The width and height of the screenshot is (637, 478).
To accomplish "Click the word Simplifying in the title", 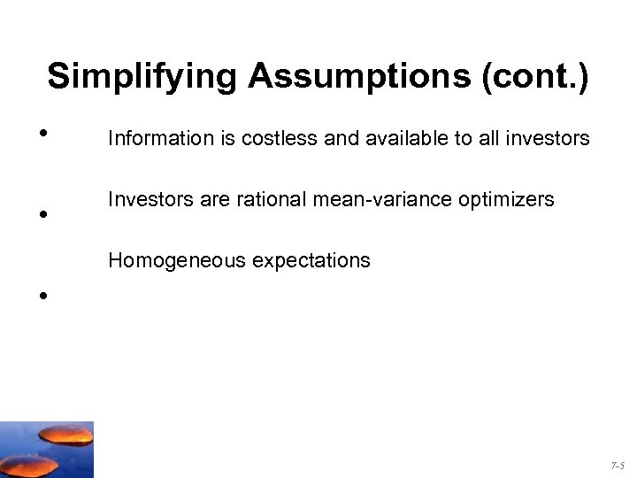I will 142,76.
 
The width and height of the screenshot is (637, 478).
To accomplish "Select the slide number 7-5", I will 618,465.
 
